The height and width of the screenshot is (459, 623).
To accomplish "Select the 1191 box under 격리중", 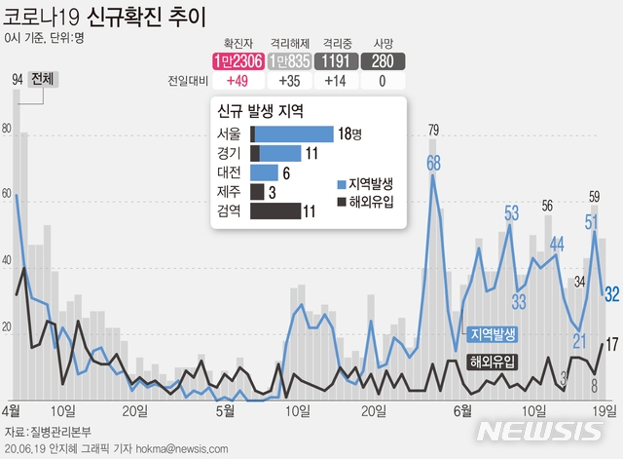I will (336, 60).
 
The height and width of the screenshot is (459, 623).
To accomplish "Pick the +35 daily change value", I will (288, 82).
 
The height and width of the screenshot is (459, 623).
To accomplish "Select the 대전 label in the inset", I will (230, 172).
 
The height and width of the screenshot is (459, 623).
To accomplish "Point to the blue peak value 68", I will (433, 163).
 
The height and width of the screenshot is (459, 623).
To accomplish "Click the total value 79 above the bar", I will (433, 130).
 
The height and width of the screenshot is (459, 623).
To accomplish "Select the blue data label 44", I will (557, 244).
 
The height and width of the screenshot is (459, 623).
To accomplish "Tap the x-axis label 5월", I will (225, 410).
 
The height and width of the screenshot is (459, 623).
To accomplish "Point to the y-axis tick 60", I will (8, 196).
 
